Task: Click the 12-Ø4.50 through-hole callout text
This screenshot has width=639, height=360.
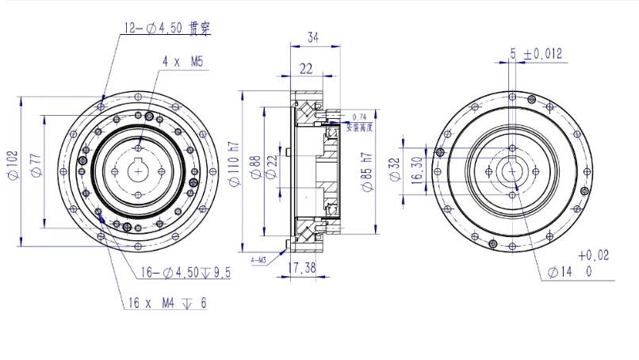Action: [x=166, y=29]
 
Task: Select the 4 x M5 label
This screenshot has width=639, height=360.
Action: [x=183, y=60]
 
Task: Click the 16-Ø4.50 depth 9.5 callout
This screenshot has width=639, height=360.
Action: [x=186, y=273]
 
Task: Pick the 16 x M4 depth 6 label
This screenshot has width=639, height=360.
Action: [x=166, y=303]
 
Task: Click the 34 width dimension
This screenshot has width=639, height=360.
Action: [x=313, y=36]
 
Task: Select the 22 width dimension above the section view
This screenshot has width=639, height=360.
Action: [x=305, y=69]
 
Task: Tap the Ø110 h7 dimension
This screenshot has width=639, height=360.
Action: [x=233, y=167]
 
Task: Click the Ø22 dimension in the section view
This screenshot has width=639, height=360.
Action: [x=272, y=167]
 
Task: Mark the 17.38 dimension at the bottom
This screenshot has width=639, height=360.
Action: [x=301, y=268]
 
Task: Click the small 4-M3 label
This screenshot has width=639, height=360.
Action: [x=259, y=259]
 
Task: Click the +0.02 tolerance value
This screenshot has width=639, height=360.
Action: [x=594, y=255]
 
